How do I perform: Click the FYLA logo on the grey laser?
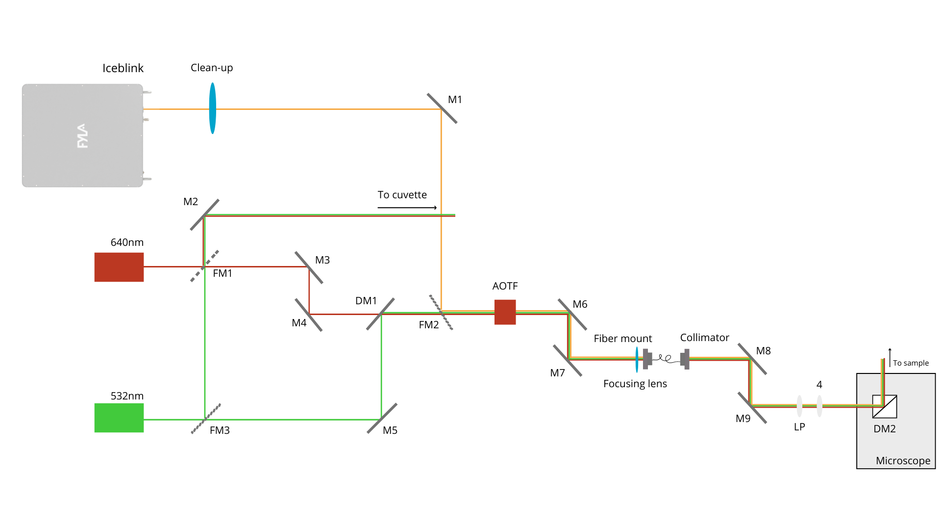82,136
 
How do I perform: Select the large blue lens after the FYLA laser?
212,108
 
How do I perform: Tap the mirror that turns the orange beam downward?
442,108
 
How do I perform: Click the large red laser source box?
119,267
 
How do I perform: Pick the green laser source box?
119,418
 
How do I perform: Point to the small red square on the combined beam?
505,312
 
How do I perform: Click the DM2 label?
884,429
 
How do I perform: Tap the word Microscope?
903,461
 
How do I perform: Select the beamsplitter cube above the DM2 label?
885,406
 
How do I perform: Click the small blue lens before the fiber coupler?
637,360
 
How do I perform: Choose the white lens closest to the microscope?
819,406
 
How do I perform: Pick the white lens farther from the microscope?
799,406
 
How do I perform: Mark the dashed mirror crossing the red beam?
204,266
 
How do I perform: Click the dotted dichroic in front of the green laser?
206,419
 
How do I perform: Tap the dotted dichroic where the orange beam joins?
441,312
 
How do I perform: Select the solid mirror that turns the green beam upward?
382,419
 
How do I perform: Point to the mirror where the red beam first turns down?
309,267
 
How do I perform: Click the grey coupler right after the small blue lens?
647,359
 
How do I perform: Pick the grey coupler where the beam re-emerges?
685,359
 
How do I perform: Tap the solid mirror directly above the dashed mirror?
204,215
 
